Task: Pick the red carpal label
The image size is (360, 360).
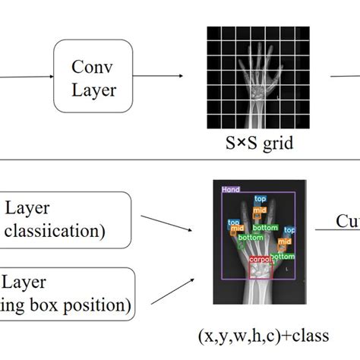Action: pos(261,260)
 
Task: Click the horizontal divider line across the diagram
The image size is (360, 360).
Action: pos(180,159)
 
